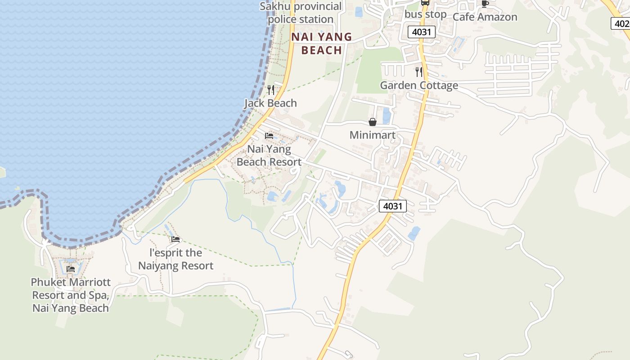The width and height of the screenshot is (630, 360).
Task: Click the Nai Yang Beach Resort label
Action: click(x=269, y=156)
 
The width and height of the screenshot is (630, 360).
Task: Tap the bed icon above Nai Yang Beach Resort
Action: click(x=269, y=135)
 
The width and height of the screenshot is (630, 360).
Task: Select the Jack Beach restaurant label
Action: click(x=270, y=103)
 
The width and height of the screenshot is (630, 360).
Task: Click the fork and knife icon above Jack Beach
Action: click(x=271, y=90)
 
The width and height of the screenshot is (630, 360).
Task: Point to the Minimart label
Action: click(x=373, y=135)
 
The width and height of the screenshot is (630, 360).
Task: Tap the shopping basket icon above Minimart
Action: click(x=373, y=122)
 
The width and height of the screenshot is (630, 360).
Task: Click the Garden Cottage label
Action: click(x=419, y=85)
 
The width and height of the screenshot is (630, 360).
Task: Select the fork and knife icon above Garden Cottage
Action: click(x=419, y=72)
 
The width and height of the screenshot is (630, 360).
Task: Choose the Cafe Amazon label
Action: click(x=485, y=17)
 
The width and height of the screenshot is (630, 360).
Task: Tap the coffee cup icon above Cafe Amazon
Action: click(x=485, y=4)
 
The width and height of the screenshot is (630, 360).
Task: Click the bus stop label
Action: click(x=425, y=14)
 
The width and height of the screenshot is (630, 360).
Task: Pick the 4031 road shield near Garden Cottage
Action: click(x=422, y=32)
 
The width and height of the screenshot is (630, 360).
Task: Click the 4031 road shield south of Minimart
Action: click(x=393, y=206)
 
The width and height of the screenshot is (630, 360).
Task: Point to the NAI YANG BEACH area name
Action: click(x=321, y=43)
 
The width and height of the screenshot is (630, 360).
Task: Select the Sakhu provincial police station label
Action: click(x=301, y=13)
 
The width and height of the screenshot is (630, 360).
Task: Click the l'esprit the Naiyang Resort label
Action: click(x=175, y=259)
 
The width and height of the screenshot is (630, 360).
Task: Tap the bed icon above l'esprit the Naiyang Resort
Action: click(x=175, y=239)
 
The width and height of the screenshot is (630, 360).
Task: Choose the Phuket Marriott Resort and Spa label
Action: click(x=71, y=295)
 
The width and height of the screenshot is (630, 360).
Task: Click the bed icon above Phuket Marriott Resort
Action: click(x=71, y=269)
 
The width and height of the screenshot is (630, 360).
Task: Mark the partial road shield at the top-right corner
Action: click(x=621, y=23)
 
